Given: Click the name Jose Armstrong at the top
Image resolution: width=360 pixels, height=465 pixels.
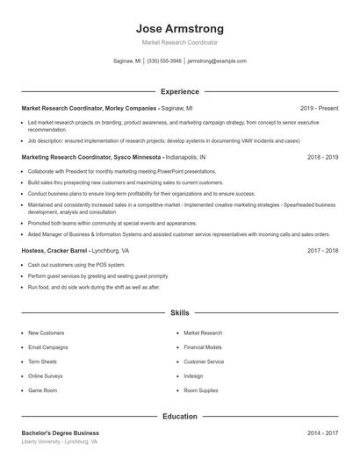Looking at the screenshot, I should point(179,28).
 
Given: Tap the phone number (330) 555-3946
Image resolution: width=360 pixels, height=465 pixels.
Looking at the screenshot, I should point(164,61).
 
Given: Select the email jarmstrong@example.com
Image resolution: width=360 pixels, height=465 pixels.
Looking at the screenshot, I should point(217,61).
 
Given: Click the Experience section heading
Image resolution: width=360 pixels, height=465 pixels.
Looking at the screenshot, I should point(179,91).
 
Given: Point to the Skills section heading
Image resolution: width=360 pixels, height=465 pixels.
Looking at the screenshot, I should point(179,312).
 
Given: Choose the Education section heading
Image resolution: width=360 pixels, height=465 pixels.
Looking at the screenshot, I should point(179,416).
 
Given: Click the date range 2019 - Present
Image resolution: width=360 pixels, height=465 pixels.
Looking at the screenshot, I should point(319,108).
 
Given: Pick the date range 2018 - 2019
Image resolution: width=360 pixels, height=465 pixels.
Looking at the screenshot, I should point(322,157).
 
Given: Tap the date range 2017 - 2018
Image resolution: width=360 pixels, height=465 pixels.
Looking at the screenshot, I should point(322,250).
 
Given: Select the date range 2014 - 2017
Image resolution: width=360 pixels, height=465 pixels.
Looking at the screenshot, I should point(322,433).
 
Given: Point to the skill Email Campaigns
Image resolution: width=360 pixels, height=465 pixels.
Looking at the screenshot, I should point(47,347).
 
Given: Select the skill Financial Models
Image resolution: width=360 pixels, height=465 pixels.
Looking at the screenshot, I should point(203,347).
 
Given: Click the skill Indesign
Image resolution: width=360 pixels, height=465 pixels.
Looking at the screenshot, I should point(193,376).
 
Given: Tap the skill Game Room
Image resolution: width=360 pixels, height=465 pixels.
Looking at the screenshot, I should point(42,390).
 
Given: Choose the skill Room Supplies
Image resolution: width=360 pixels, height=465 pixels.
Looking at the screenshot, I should point(201,390).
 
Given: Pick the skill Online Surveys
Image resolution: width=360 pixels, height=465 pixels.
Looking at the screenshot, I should point(46,376).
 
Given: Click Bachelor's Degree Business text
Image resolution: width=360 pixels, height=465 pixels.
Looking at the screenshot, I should point(61,433).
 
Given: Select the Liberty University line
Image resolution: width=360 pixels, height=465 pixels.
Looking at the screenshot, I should point(60,442).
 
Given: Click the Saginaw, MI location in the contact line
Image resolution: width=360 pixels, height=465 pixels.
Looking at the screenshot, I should point(127,61).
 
